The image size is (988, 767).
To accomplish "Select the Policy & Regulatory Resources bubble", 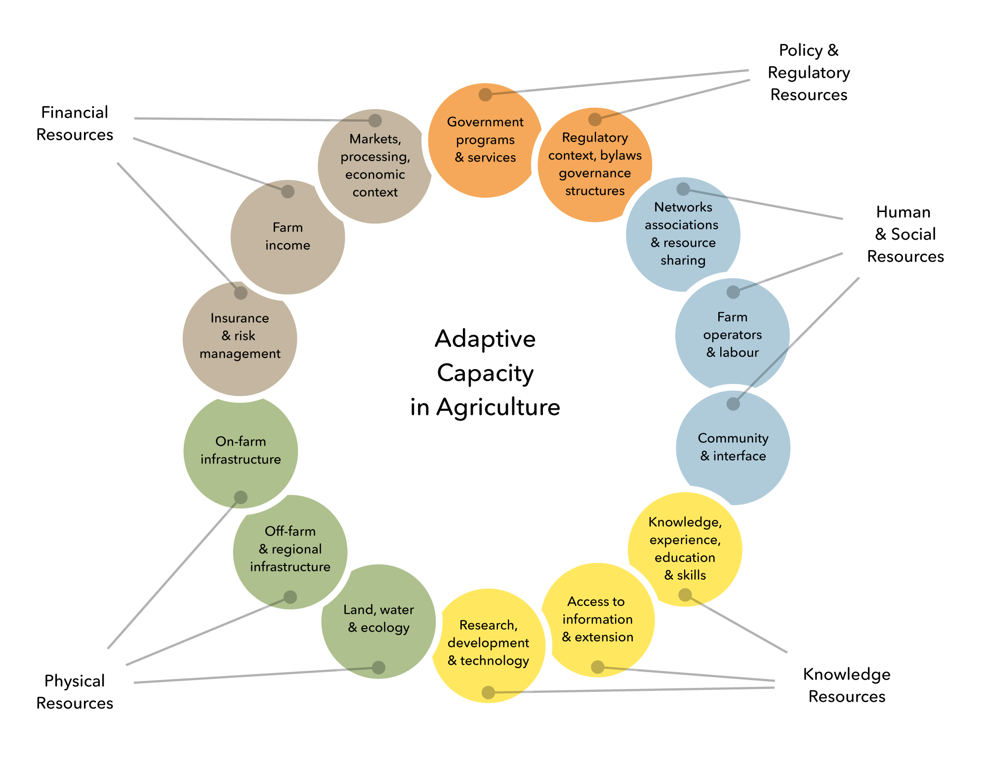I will [x=809, y=70].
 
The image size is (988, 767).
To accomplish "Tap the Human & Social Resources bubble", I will [x=906, y=236].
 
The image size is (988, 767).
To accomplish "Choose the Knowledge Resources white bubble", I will [x=845, y=687].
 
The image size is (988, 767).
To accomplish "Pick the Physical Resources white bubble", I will [x=75, y=692].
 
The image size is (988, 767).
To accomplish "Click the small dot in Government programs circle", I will [x=485, y=94].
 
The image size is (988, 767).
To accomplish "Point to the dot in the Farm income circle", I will [x=288, y=192].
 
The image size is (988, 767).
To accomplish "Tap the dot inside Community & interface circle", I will [x=733, y=404].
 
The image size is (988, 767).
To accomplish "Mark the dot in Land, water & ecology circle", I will [x=378, y=668].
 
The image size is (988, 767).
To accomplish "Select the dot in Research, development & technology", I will [x=488, y=692].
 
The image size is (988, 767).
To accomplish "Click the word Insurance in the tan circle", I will [x=240, y=318].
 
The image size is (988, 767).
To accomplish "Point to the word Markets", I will [x=375, y=139].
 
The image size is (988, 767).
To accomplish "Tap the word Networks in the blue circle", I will [x=683, y=207].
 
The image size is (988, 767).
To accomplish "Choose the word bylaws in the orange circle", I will [x=621, y=156].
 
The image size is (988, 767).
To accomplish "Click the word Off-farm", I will [x=290, y=531].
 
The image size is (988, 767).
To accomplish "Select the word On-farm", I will [x=241, y=441].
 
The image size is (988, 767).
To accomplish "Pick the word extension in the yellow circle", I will [x=604, y=637].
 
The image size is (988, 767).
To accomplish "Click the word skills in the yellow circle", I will [x=691, y=575].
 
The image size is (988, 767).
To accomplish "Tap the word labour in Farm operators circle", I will [x=739, y=352].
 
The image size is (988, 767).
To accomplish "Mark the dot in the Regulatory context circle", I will [x=595, y=119].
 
